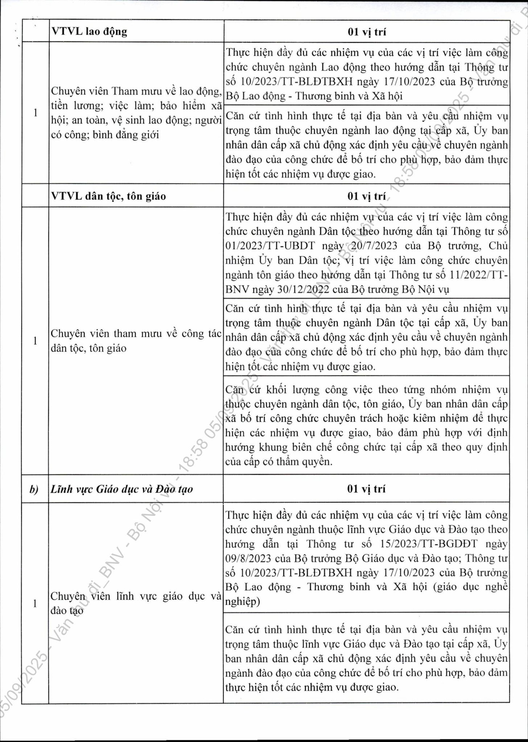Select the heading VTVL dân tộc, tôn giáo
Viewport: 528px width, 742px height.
pos(108,196)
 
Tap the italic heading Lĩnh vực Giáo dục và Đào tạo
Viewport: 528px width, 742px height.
pos(122,489)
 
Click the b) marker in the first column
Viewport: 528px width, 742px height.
pos(35,489)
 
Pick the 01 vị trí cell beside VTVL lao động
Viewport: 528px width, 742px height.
pos(367,32)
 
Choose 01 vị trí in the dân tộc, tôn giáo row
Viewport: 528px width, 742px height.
pos(367,196)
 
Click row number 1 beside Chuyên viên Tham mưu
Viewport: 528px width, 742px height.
pos(35,113)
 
